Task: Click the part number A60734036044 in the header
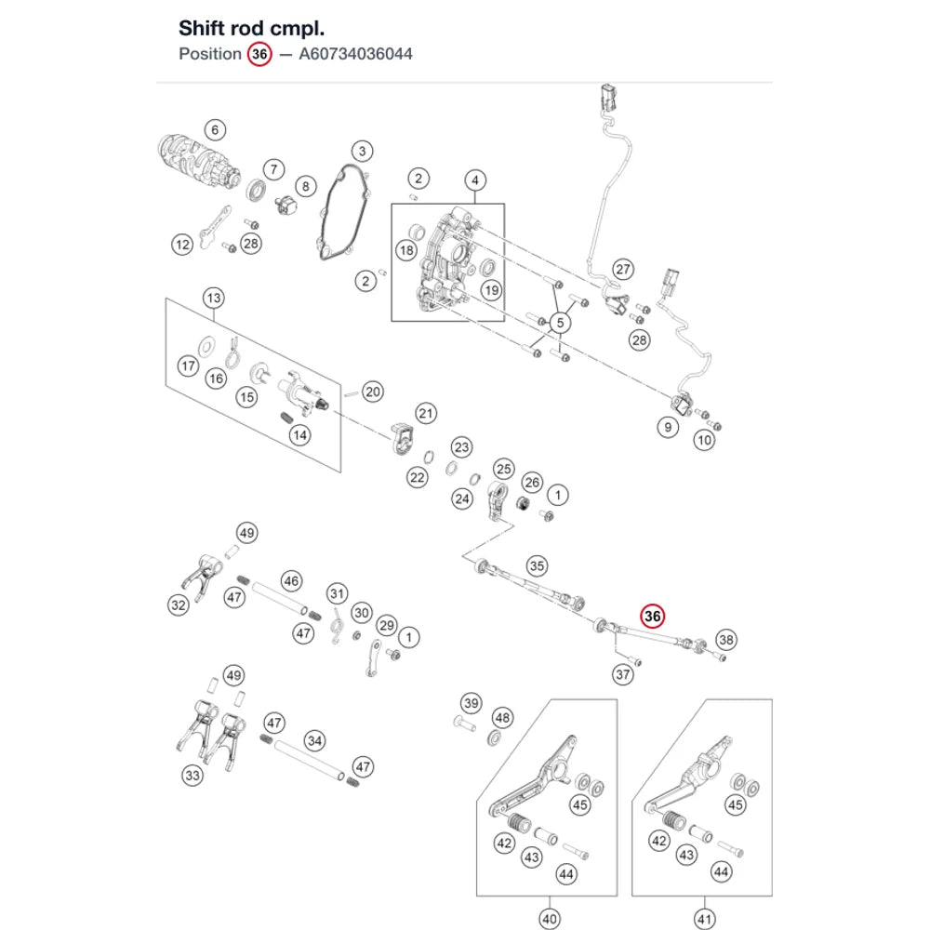(355, 54)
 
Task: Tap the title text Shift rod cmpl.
(251, 29)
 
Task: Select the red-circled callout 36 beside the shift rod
(653, 617)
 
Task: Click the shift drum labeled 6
(199, 160)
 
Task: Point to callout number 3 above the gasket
(363, 151)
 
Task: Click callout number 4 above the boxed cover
(474, 179)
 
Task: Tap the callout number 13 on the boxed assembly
(214, 298)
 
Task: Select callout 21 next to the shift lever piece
(426, 413)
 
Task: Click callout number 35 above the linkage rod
(537, 565)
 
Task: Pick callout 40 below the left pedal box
(550, 919)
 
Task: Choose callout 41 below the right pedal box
(705, 919)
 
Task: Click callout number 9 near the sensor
(668, 427)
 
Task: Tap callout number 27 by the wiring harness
(623, 270)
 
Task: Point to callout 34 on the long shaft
(314, 740)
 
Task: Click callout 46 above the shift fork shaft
(291, 580)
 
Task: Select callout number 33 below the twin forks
(193, 776)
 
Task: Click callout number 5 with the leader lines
(560, 323)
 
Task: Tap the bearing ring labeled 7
(257, 191)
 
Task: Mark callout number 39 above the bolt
(471, 703)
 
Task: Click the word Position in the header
(210, 54)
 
